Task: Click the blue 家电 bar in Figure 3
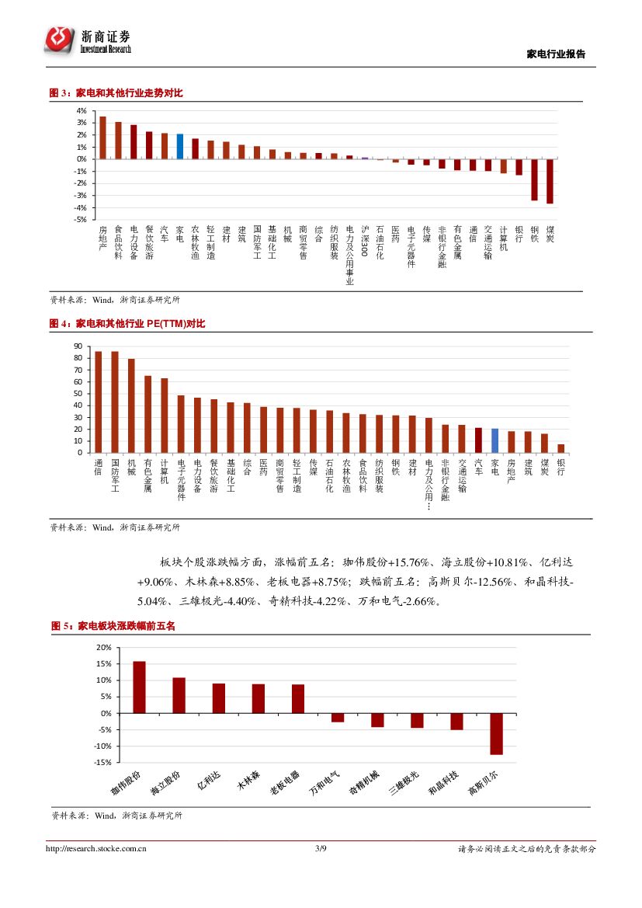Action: pos(180,146)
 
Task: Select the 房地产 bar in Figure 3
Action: pos(102,137)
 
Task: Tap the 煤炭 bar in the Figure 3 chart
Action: pos(550,181)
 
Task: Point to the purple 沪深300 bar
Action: pos(365,158)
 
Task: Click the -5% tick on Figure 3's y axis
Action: pos(81,220)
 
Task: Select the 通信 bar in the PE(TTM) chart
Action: pos(98,402)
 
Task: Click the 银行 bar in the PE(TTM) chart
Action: pos(560,448)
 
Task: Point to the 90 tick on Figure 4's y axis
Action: pos(78,346)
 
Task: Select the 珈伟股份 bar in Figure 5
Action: pos(139,687)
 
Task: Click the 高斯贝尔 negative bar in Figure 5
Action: pos(496,733)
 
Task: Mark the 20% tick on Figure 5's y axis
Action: pos(103,647)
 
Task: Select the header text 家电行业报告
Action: pos(556,54)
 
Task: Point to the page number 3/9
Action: pos(321,849)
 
